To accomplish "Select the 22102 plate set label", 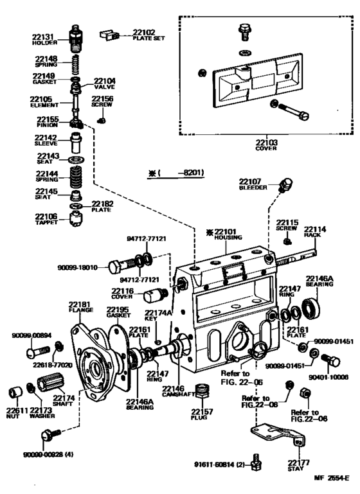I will [144, 32].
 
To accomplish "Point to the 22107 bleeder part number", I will [251, 182].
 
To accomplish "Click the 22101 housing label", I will [228, 232].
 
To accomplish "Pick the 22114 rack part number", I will [315, 229].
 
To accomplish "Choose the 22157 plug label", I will [203, 410].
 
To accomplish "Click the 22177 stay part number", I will [299, 462].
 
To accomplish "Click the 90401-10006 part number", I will [331, 378].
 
